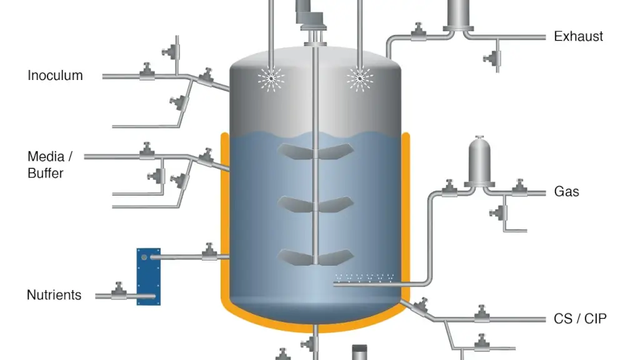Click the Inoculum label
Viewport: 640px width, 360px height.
pos(55,76)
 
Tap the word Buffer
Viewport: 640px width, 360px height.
pos(45,173)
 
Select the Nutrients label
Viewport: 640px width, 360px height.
pos(54,295)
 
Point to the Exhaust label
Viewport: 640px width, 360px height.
pos(578,36)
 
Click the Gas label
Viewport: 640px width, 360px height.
pos(566,191)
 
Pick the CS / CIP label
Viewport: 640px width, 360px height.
pos(580,318)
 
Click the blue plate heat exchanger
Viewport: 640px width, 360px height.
pos(149,277)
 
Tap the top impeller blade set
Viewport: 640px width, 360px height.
pos(316,151)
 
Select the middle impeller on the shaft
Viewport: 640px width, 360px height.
pos(316,204)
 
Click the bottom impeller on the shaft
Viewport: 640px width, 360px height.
pos(316,257)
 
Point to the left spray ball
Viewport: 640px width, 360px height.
pos(271,78)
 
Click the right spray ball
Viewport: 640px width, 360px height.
pos(359,78)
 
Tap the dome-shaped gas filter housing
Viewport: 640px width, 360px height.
pos(479,162)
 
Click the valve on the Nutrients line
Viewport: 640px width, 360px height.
pos(119,291)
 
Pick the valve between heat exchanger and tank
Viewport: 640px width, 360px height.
pos(209,252)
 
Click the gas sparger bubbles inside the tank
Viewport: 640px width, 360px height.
pos(364,278)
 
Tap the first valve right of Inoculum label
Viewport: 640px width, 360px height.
pos(147,72)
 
